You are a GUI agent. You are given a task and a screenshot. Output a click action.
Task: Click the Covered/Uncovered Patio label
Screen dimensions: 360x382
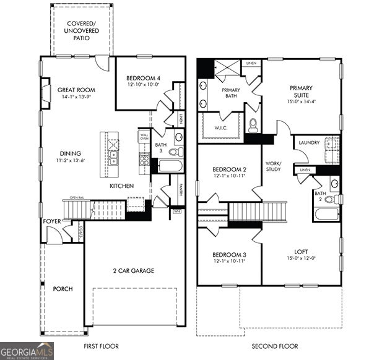(82, 31)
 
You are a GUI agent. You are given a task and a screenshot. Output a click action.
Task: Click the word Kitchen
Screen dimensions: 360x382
(122, 186)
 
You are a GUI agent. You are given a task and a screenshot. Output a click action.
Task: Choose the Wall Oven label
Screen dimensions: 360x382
(144, 136)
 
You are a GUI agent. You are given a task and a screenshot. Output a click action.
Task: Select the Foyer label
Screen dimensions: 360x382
(52, 221)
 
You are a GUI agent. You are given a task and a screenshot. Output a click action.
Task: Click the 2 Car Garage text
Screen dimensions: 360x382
(133, 270)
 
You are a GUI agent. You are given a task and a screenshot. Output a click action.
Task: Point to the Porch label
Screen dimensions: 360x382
(63, 289)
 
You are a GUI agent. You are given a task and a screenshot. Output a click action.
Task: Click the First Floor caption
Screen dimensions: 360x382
(101, 346)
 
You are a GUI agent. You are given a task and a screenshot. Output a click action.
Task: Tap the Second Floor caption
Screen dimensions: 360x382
(276, 346)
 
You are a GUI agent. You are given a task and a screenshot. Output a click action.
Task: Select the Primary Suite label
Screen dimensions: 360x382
(301, 92)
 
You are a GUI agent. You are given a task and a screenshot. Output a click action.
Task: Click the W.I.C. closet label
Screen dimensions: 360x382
(222, 128)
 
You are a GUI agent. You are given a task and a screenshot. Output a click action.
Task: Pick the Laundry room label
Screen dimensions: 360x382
(309, 143)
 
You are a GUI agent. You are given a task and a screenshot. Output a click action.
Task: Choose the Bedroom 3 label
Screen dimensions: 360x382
(230, 255)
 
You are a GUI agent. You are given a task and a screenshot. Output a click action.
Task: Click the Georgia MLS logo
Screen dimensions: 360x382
(27, 351)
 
